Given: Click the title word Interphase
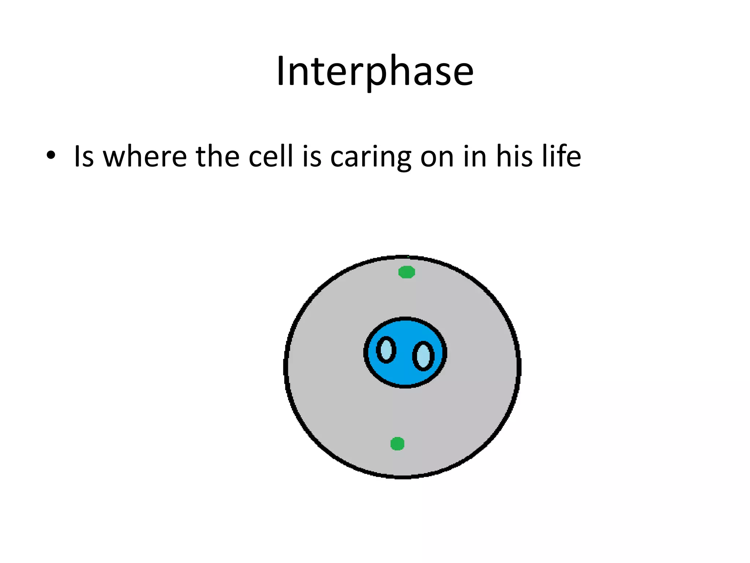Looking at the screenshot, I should click(375, 71).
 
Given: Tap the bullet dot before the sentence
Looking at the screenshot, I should click(51, 155).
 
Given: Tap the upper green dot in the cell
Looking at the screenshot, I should click(406, 272).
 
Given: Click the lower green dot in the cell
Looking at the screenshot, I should click(397, 444).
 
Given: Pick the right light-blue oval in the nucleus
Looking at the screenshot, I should click(423, 356).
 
